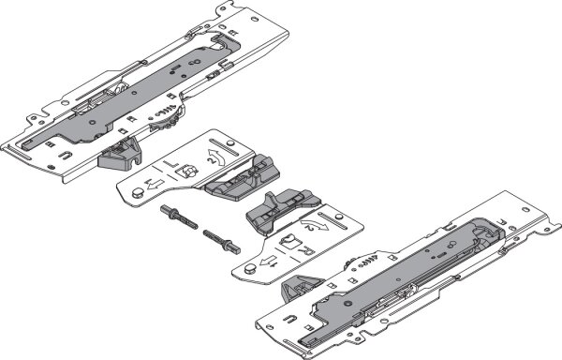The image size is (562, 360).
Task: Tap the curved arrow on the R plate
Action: pos(318,226)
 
